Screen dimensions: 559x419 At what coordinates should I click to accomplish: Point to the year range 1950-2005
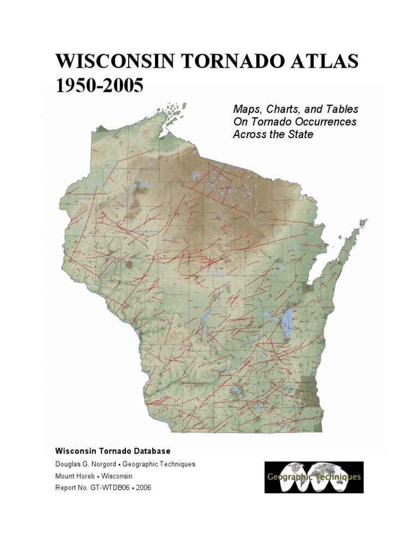tap(99, 86)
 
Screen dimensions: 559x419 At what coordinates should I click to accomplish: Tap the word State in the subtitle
tap(300, 134)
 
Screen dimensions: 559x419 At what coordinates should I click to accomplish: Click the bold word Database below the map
tap(151, 451)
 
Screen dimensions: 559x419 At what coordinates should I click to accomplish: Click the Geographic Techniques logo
tap(314, 477)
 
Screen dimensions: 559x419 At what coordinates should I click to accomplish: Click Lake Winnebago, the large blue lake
tap(288, 322)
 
